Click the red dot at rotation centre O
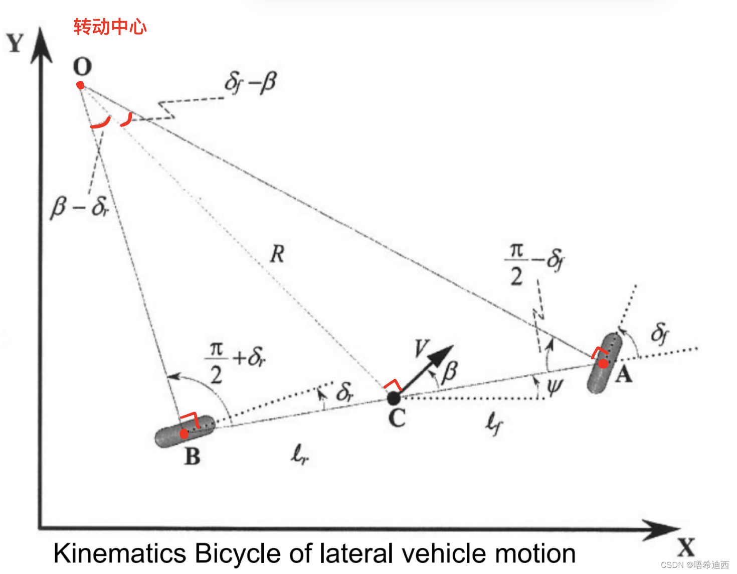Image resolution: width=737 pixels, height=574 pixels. pyautogui.click(x=80, y=85)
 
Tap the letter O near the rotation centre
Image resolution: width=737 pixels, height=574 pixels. pyautogui.click(x=82, y=66)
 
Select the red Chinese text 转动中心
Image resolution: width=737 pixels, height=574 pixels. pyautogui.click(x=110, y=27)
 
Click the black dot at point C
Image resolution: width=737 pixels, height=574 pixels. pyautogui.click(x=394, y=398)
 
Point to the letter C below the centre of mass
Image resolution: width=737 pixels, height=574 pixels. pyautogui.click(x=397, y=418)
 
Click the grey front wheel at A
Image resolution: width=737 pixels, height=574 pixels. pyautogui.click(x=604, y=363)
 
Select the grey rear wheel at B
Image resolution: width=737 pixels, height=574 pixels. pyautogui.click(x=185, y=431)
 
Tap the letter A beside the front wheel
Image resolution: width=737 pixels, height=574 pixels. pyautogui.click(x=623, y=374)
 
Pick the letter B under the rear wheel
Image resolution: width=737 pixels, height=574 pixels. pyautogui.click(x=193, y=457)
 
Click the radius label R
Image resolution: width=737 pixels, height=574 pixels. pyautogui.click(x=277, y=254)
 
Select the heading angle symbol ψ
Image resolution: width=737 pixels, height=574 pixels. pyautogui.click(x=555, y=387)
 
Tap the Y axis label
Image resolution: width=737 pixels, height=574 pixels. pyautogui.click(x=16, y=44)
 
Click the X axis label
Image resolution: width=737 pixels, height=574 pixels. pyautogui.click(x=685, y=547)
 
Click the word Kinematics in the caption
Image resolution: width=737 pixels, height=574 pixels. pyautogui.click(x=120, y=554)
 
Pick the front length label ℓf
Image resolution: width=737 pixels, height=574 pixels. pyautogui.click(x=494, y=424)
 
